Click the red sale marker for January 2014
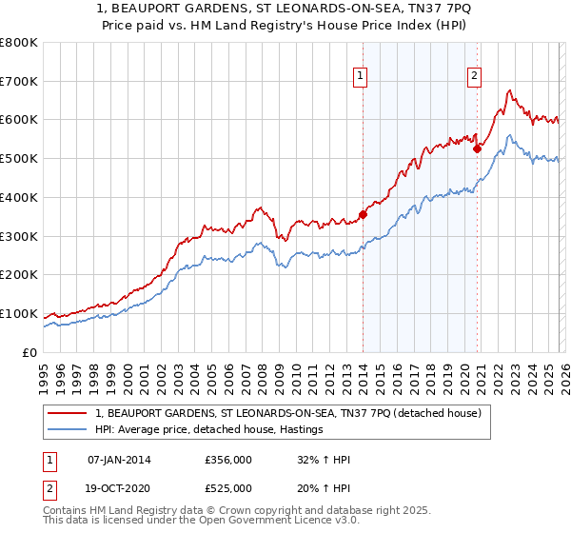(x=363, y=214)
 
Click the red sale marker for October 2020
(x=477, y=148)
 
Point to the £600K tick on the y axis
(x=19, y=120)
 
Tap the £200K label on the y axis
(x=19, y=275)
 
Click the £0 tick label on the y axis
(x=29, y=352)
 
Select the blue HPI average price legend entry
(x=209, y=430)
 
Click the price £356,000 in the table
(x=227, y=460)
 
